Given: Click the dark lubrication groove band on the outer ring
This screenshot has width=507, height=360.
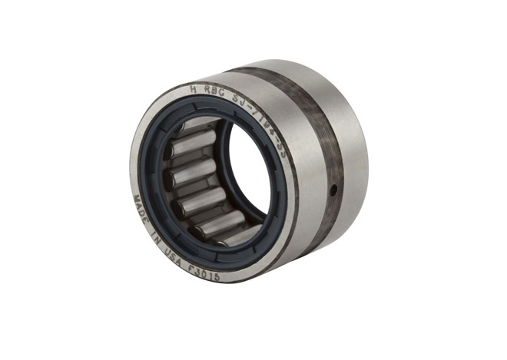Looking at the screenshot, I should [319, 154].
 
